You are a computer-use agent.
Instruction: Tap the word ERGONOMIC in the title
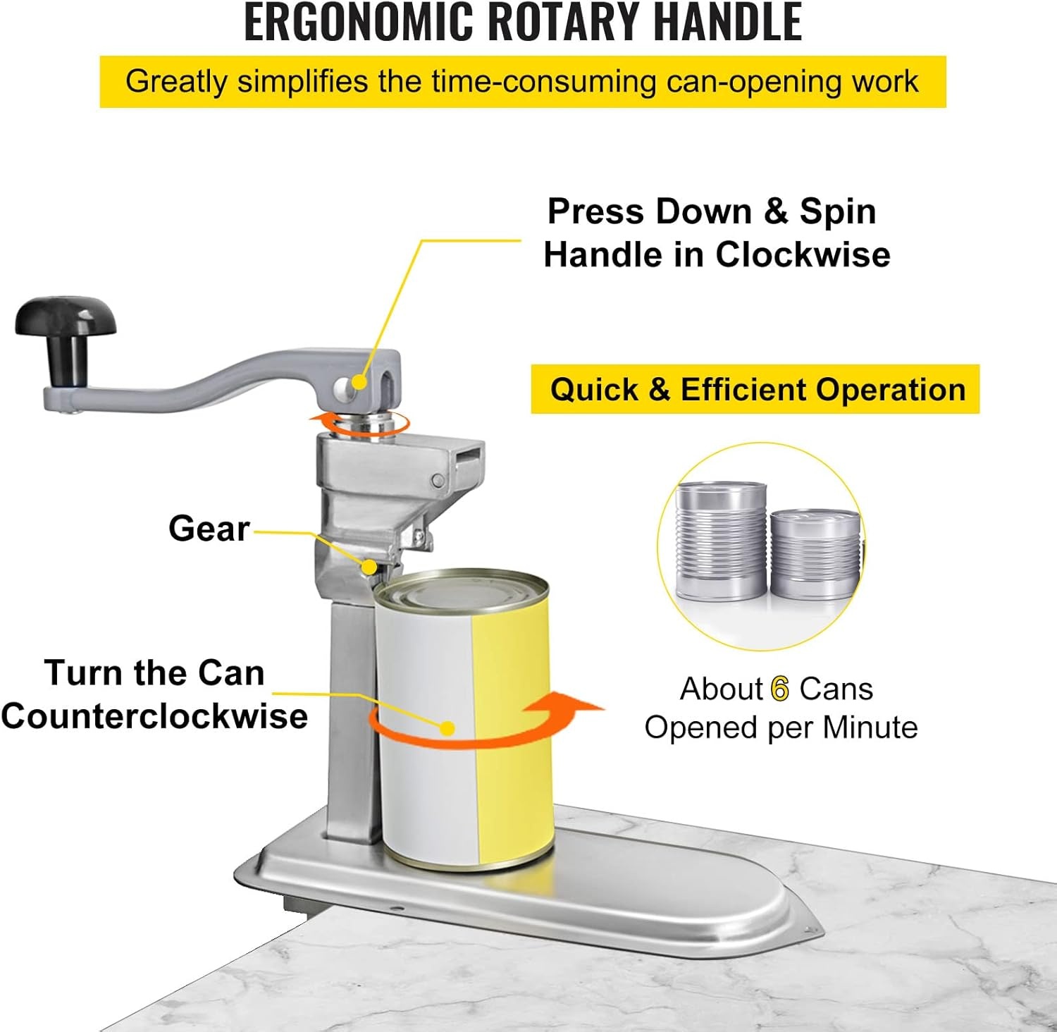(x=359, y=22)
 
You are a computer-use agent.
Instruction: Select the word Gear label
(x=209, y=528)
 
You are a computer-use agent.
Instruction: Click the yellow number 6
(x=780, y=689)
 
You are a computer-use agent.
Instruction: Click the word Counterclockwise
(x=154, y=716)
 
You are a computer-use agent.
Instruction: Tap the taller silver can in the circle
(x=721, y=541)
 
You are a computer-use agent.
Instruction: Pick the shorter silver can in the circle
(x=816, y=555)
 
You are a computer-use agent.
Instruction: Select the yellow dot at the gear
(x=369, y=566)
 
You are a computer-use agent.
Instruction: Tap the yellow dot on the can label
(x=447, y=728)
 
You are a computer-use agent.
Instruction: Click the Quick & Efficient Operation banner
(x=755, y=389)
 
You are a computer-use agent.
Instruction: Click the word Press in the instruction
(x=596, y=211)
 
